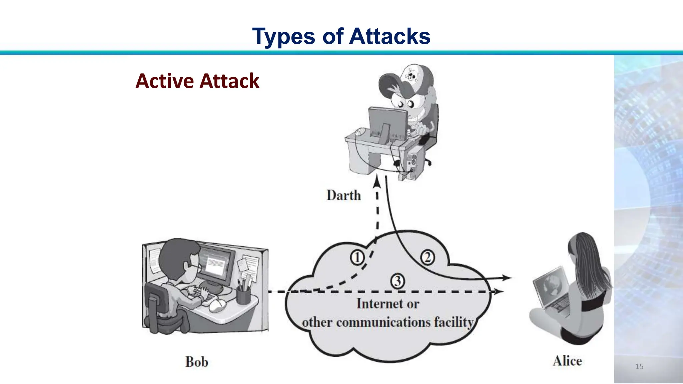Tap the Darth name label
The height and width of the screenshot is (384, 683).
(x=344, y=195)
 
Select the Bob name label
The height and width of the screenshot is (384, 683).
(x=197, y=362)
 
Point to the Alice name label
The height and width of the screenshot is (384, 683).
(x=567, y=361)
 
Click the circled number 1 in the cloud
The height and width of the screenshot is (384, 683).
(x=357, y=258)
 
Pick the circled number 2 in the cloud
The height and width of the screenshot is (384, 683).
(x=427, y=258)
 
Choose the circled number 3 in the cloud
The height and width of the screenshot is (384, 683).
(x=398, y=281)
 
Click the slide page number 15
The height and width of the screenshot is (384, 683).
(x=639, y=366)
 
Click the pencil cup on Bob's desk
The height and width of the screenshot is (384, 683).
(x=243, y=295)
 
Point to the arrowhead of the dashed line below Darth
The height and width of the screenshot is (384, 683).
(x=377, y=183)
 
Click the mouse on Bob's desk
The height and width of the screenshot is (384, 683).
(x=217, y=305)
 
